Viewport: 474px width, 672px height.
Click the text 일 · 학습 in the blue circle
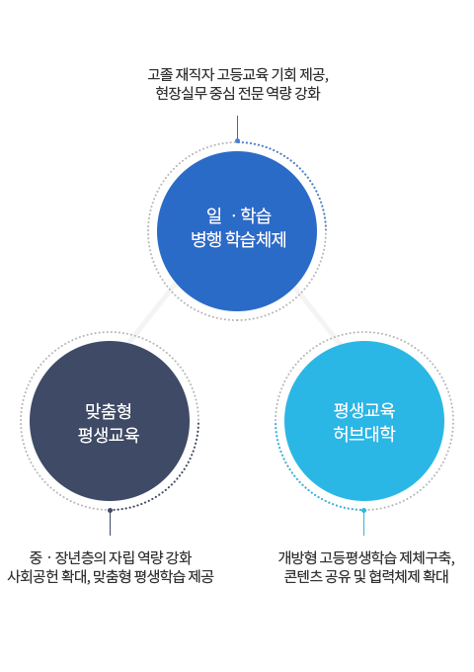point(238,214)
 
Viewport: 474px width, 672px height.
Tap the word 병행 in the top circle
point(205,239)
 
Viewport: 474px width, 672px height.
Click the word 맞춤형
point(109,410)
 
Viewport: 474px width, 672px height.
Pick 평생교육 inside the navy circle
point(109,435)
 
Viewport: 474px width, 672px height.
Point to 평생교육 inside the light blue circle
point(364,410)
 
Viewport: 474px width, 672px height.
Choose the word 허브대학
point(364,435)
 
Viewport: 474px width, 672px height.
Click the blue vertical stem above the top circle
point(237,126)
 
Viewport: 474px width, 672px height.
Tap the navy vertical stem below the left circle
point(110,524)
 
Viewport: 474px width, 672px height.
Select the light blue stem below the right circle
point(363,524)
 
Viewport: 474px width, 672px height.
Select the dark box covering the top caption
point(237,85)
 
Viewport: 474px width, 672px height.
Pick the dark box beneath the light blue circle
point(363,567)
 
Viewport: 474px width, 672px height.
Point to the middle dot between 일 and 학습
point(233,215)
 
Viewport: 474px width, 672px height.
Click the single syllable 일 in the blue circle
point(213,214)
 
